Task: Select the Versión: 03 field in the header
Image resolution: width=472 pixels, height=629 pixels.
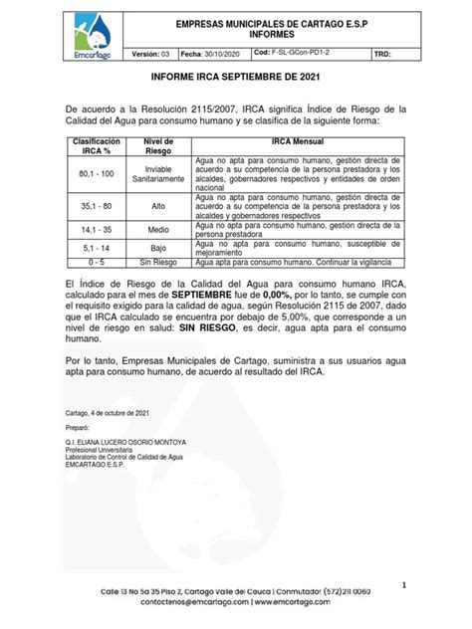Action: [150, 54]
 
